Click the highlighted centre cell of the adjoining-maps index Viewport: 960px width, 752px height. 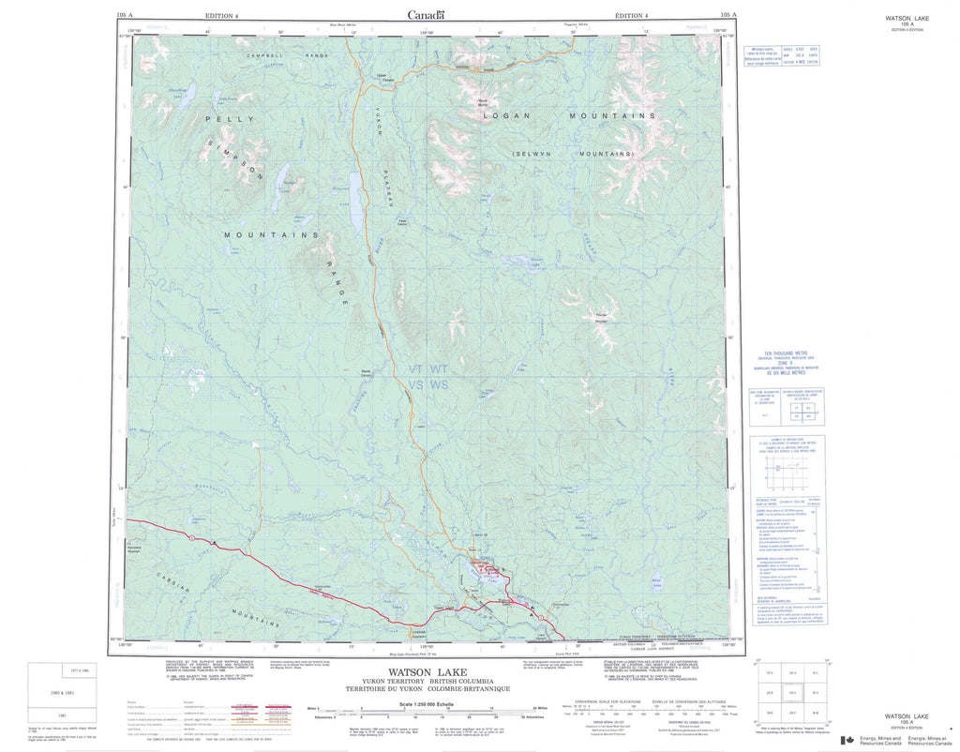(x=793, y=692)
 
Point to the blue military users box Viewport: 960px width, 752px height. (x=782, y=55)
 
